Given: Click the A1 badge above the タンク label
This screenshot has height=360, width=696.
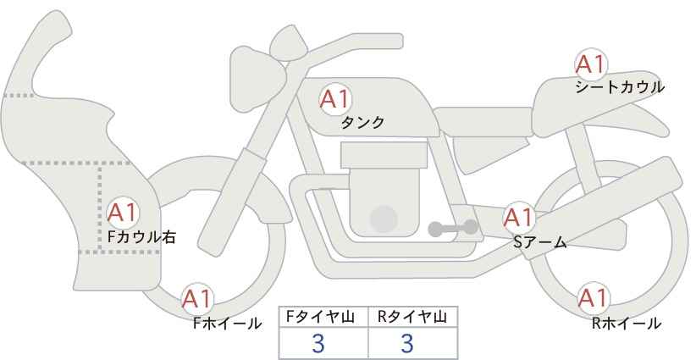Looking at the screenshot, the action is pos(335,99).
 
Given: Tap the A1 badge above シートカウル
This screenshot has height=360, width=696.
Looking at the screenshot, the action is pos(591,64).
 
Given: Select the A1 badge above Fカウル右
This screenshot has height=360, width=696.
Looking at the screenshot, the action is pos(123,213).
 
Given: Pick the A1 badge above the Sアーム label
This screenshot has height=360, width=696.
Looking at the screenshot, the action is pos(519,218).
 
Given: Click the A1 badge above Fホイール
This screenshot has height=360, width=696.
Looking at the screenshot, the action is pos(197,299).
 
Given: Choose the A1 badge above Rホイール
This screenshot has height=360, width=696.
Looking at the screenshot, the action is pos(593,298).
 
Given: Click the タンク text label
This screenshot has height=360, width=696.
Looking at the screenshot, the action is pos(362,122).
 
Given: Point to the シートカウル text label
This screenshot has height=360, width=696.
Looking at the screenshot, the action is pos(620,87).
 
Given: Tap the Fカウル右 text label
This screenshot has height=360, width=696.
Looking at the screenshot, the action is pos(141,236).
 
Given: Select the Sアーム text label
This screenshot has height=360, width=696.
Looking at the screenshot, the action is pos(540,242).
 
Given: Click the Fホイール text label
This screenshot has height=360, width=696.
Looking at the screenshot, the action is pos(227,324).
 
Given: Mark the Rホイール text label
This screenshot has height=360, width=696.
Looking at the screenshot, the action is pos(627,324).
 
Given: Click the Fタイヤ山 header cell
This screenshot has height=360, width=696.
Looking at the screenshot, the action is pos(323,317).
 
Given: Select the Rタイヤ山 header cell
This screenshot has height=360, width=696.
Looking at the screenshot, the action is pos(413,317).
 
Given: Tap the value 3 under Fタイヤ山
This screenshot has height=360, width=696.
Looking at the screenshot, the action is pos(318,343).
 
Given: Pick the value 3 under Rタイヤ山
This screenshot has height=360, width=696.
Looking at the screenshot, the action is pos(407,343).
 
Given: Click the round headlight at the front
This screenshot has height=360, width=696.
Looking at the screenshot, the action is pos(257,80).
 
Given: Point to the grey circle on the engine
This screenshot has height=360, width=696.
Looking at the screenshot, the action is pos(384,219).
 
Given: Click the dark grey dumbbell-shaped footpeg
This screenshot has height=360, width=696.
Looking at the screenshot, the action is pos(453,228).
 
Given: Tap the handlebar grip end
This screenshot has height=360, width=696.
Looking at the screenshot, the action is pos(396,42).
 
